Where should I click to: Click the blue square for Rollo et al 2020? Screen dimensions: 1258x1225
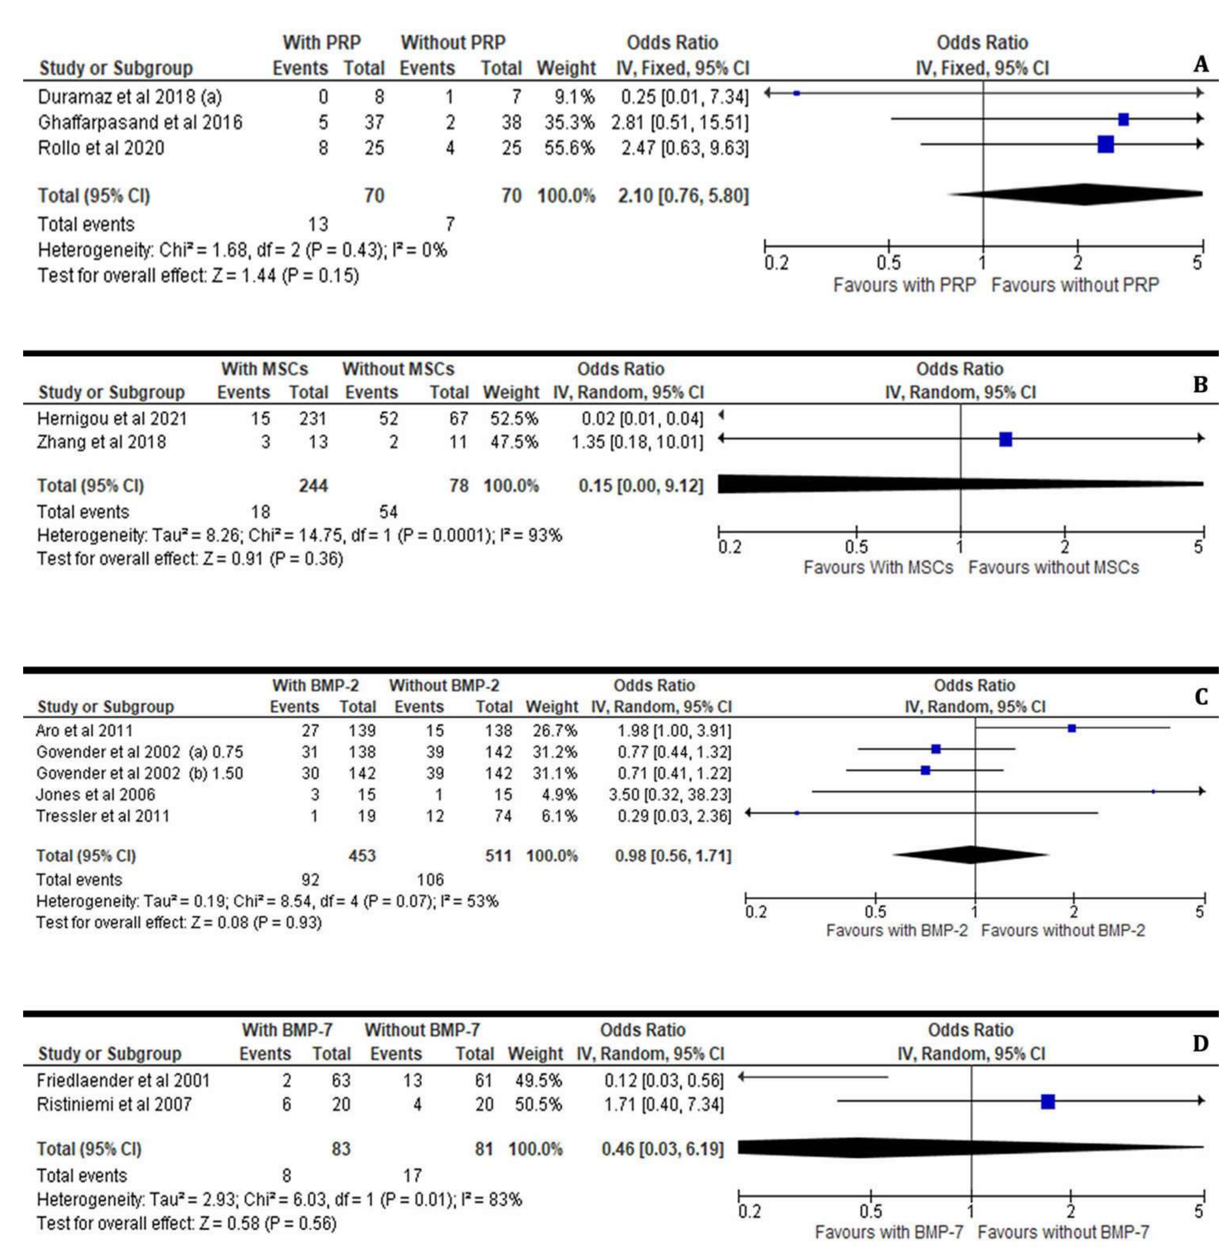1105,144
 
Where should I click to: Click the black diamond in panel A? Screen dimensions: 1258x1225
1080,194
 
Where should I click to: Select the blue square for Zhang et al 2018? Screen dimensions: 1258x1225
1006,439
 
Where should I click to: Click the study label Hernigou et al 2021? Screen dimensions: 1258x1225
112,419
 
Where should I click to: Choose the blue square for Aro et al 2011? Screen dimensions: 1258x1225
1072,728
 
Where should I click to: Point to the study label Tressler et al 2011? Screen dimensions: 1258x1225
103,816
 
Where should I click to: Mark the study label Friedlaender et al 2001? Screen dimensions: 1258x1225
123,1080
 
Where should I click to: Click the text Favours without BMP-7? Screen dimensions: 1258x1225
1063,1232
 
